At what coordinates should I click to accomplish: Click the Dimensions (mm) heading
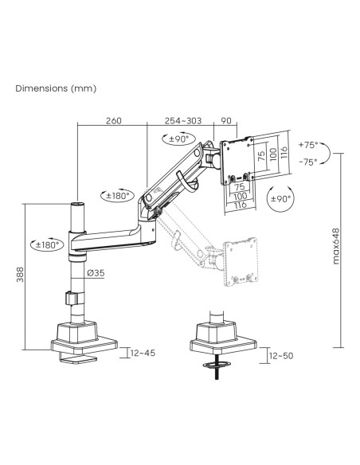point(56,88)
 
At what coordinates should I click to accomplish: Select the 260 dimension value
point(114,121)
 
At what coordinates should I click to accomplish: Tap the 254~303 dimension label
point(183,121)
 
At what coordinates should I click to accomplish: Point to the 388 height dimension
point(20,275)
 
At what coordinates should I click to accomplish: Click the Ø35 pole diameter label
point(96,273)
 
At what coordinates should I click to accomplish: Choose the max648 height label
point(335,246)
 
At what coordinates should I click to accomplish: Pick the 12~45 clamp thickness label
point(143,353)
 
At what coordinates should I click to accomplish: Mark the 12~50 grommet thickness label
point(281,355)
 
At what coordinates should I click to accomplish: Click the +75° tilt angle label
point(308,145)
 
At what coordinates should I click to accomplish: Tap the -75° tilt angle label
point(308,162)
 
